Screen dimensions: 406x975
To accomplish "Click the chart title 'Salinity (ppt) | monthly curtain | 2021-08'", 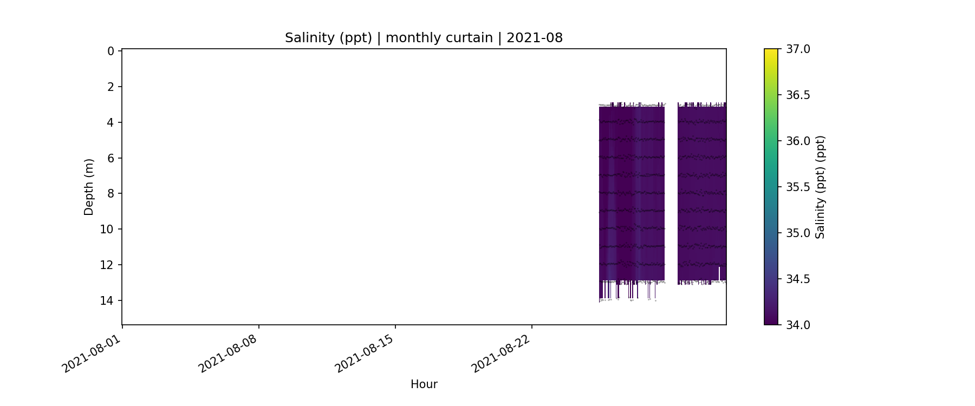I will point(424,38).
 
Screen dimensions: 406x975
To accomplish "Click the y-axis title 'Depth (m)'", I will point(89,187).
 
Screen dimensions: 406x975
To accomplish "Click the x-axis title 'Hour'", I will point(424,384).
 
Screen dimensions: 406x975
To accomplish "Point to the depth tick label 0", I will point(110,51).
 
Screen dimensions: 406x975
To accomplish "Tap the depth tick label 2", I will point(110,87).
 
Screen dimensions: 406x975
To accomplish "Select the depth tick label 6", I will point(110,158).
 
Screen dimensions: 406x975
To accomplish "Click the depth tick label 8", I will point(110,194).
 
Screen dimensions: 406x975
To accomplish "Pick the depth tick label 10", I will point(107,230).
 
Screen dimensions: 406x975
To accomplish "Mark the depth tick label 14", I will point(107,300).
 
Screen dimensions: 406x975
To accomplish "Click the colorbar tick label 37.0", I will point(798,49).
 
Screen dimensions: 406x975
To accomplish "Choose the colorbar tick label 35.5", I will point(798,187).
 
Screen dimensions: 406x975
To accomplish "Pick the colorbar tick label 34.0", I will point(798,325).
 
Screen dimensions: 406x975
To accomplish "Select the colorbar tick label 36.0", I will point(798,141).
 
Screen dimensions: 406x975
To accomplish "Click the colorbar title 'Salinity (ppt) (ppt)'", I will point(820,187).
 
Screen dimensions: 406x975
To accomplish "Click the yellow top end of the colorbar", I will point(771,52).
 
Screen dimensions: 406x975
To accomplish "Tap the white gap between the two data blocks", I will point(671,189).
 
